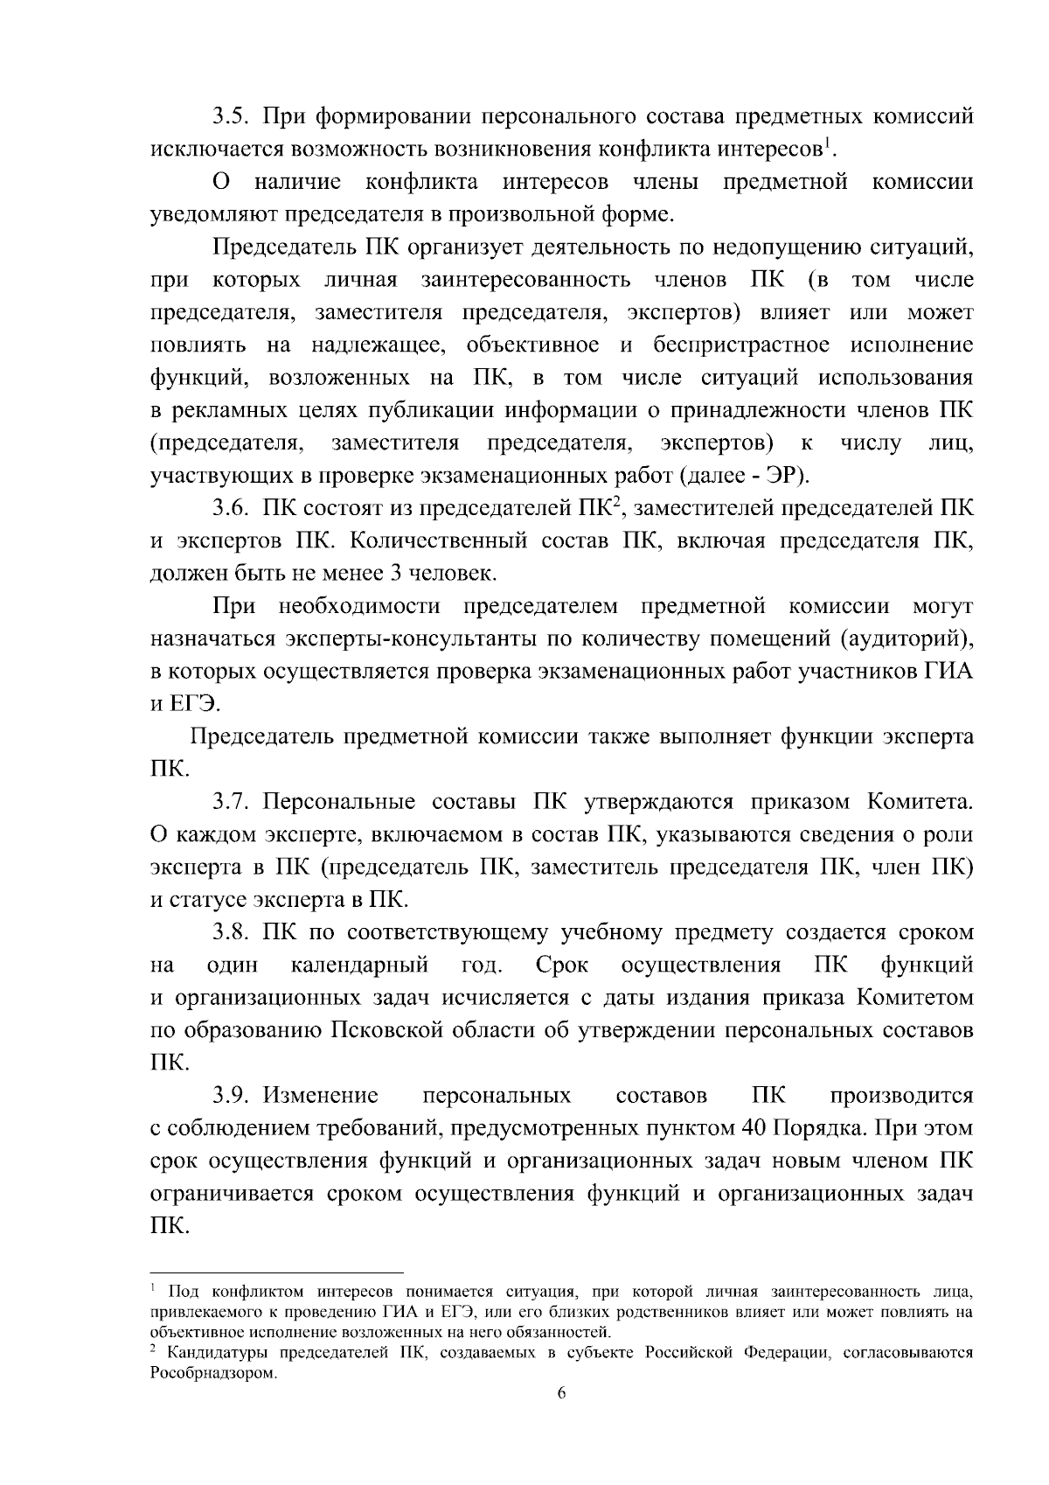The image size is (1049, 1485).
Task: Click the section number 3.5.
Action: (x=232, y=116)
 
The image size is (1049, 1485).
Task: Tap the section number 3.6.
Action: (x=232, y=508)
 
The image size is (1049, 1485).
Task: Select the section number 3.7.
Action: (x=232, y=801)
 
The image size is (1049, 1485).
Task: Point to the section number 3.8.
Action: (x=232, y=932)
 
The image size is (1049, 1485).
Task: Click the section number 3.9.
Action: (x=232, y=1096)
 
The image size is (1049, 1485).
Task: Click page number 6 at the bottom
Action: (x=561, y=1394)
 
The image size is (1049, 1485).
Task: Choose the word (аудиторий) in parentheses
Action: (x=907, y=639)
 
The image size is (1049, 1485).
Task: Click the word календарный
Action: (x=359, y=966)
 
